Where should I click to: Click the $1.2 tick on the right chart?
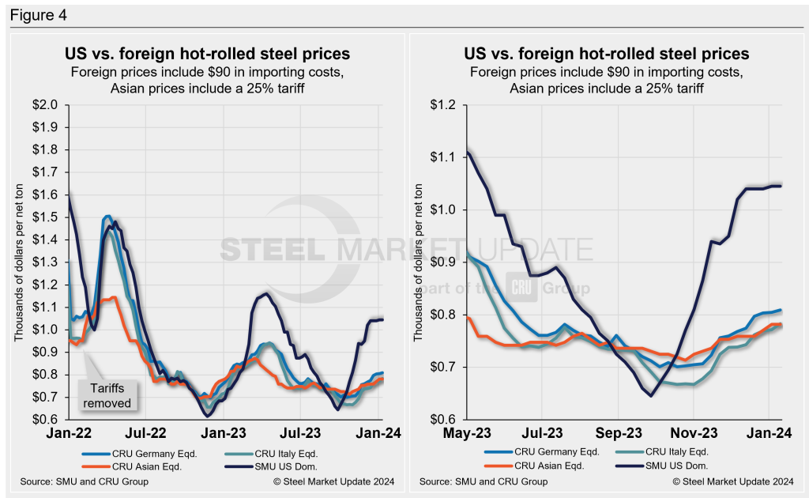(446, 104)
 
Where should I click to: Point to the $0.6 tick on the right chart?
(446, 419)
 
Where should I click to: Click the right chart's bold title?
(607, 55)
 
